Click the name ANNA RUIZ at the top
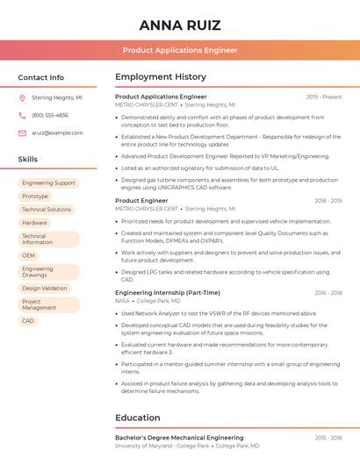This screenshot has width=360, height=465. [180, 25]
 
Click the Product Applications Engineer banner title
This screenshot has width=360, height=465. [180, 50]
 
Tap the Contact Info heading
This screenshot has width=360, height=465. [41, 77]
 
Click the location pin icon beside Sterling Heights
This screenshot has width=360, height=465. [22, 97]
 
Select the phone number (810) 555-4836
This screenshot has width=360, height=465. [50, 115]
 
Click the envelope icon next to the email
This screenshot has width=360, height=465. [22, 133]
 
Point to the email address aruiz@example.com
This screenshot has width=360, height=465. [58, 133]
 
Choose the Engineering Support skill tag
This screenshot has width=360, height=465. [48, 183]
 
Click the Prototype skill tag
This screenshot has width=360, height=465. [35, 197]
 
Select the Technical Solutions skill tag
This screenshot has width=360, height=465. [47, 210]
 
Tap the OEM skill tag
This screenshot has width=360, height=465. [29, 255]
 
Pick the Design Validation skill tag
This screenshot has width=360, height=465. [44, 288]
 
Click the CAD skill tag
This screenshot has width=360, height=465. [28, 321]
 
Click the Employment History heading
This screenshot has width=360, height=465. [161, 77]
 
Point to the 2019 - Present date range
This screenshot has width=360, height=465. [324, 97]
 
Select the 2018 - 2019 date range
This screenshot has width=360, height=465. [328, 201]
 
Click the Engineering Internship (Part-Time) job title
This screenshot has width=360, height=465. [168, 293]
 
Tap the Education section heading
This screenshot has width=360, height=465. [138, 418]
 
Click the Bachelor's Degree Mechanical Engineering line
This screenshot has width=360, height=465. [179, 438]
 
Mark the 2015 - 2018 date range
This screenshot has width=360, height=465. [328, 438]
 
